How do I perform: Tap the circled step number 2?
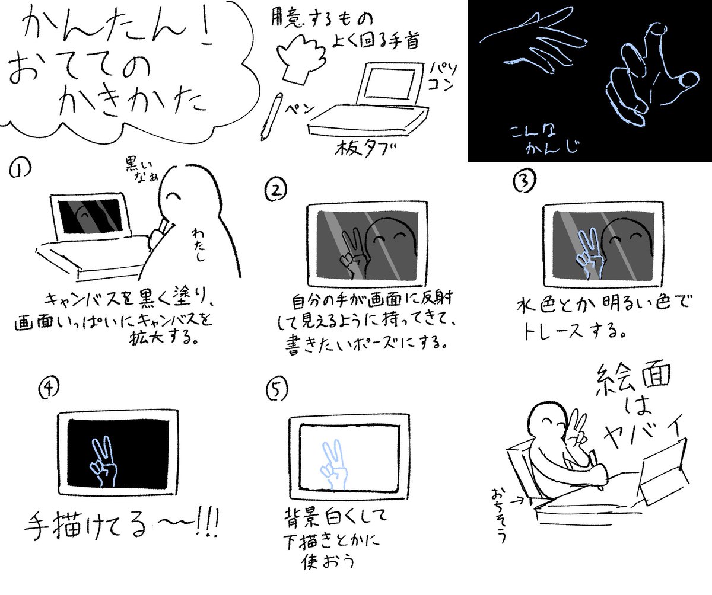pyautogui.click(x=276, y=189)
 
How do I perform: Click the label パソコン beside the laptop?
pyautogui.click(x=438, y=76)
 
